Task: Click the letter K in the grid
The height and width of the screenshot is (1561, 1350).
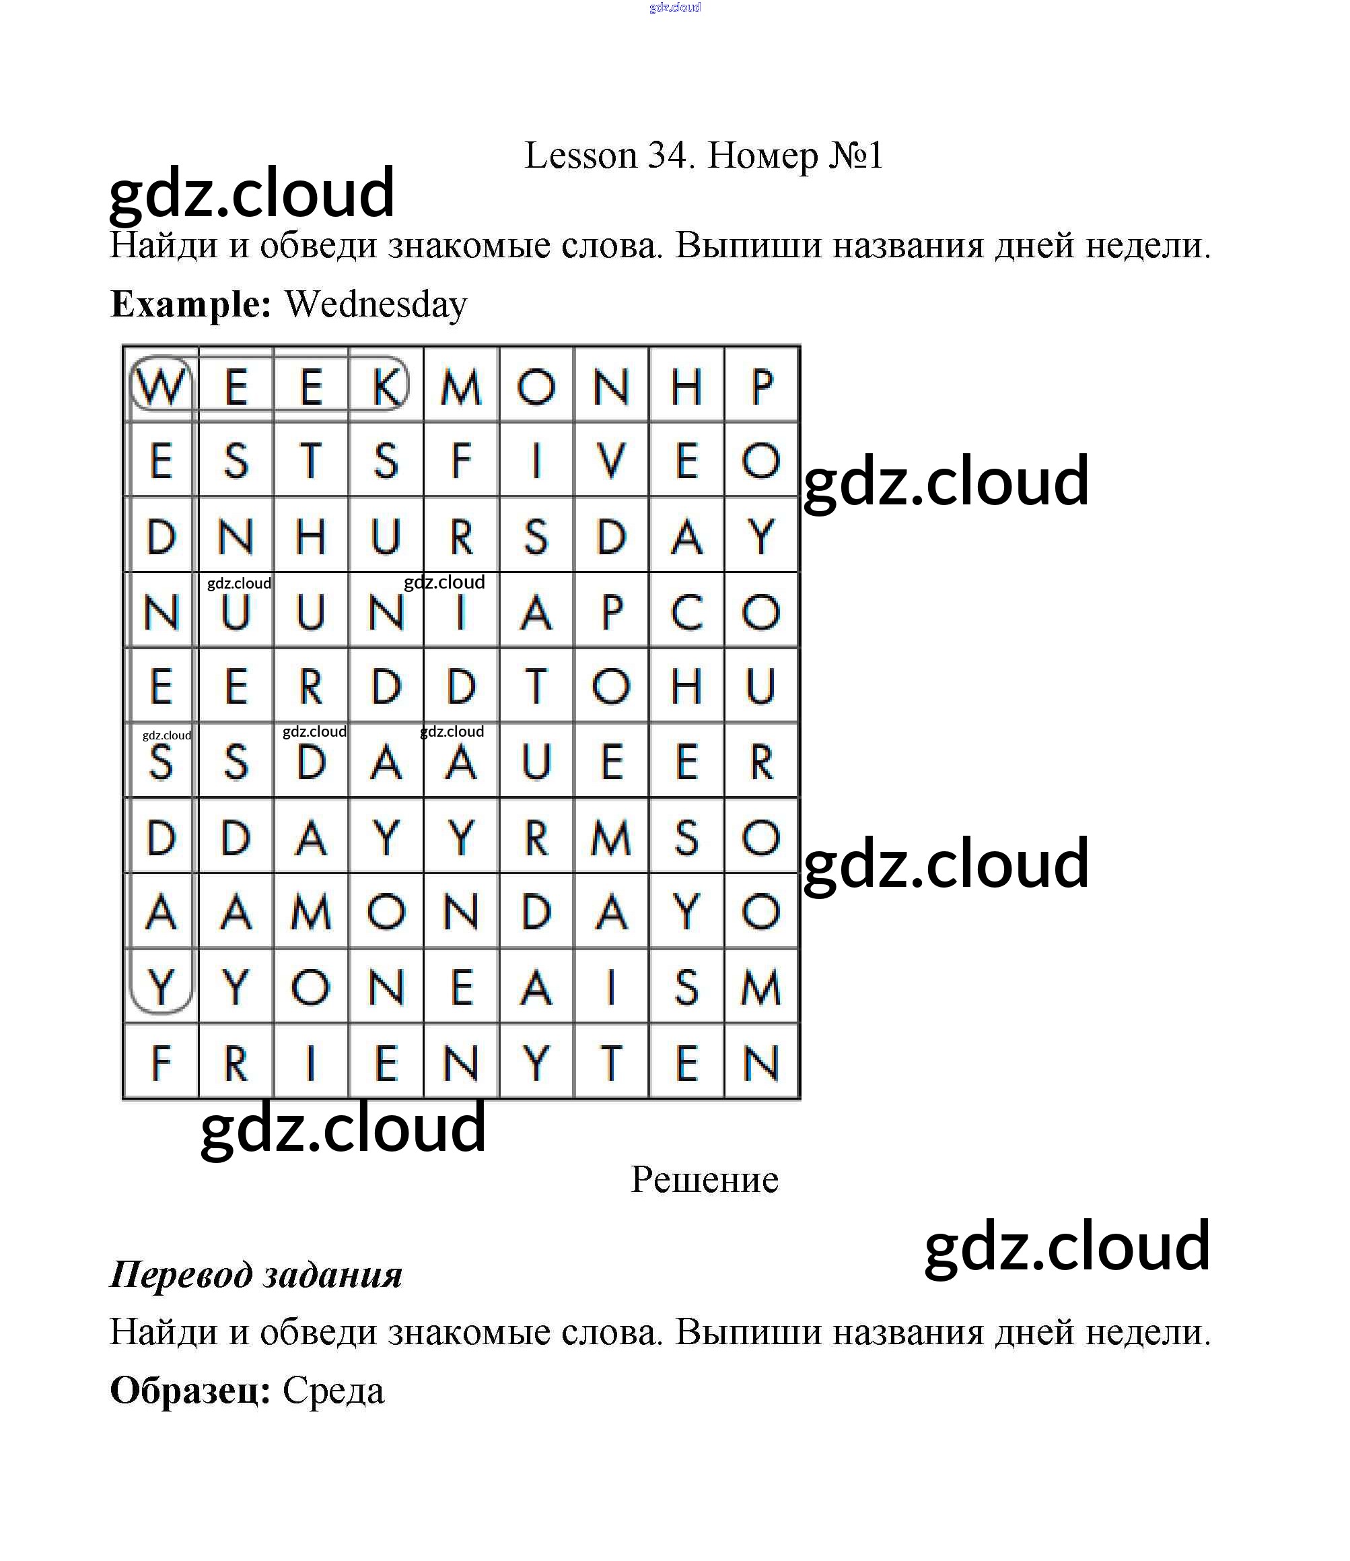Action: pyautogui.click(x=386, y=387)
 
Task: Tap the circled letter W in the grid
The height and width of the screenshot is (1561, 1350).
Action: pyautogui.click(x=162, y=387)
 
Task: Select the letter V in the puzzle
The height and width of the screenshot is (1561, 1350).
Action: pyautogui.click(x=611, y=461)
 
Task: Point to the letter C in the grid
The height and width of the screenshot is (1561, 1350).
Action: pyautogui.click(x=686, y=611)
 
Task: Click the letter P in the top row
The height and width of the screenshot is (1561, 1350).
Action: pyautogui.click(x=762, y=387)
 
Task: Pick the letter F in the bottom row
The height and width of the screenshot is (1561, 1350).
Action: pyautogui.click(x=162, y=1063)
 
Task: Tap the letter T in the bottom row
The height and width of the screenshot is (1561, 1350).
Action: pyautogui.click(x=611, y=1063)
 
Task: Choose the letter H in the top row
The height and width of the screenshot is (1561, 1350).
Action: pyautogui.click(x=686, y=387)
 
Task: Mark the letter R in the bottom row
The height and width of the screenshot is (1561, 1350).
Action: pyautogui.click(x=236, y=1063)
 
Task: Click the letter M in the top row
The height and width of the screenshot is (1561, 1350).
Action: pyautogui.click(x=460, y=387)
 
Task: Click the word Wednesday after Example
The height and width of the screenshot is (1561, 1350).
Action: pyautogui.click(x=376, y=304)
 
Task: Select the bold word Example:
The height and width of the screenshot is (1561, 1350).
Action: pyautogui.click(x=190, y=304)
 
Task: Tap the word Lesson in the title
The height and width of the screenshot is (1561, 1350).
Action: pyautogui.click(x=581, y=156)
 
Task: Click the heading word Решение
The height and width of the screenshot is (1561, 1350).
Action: pyautogui.click(x=705, y=1180)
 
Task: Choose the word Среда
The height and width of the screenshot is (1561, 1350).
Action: pyautogui.click(x=333, y=1390)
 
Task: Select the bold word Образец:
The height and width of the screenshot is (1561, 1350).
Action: pyautogui.click(x=190, y=1390)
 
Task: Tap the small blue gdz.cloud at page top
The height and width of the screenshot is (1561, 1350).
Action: pyautogui.click(x=675, y=7)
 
